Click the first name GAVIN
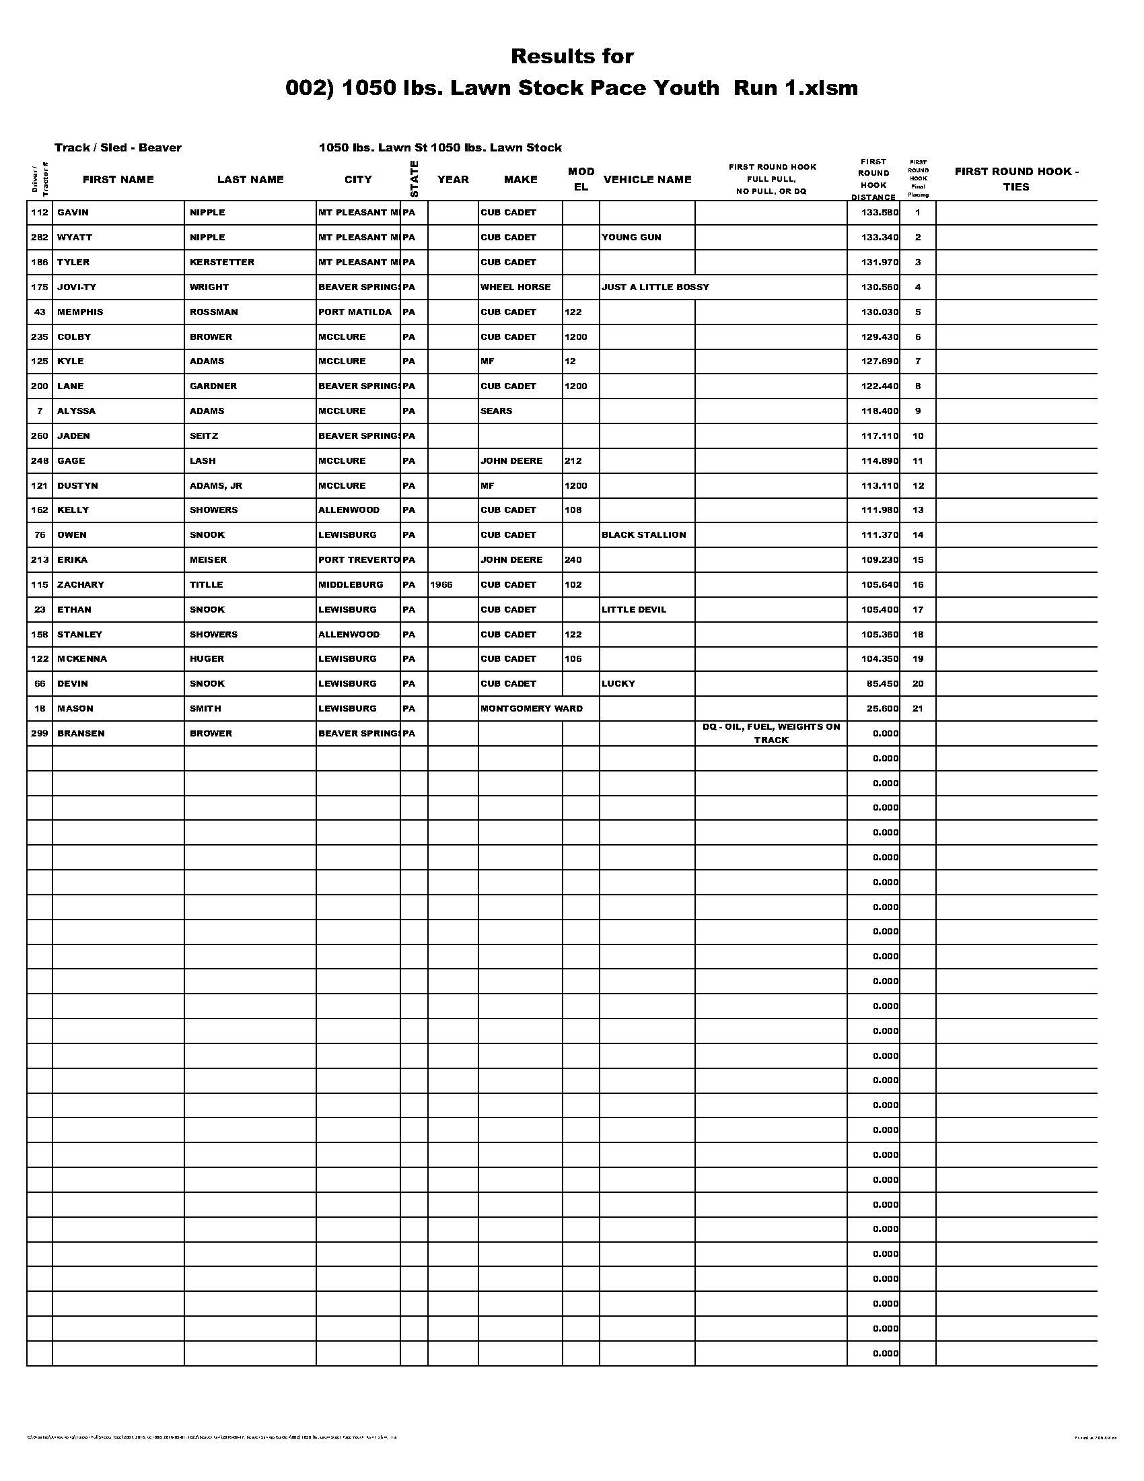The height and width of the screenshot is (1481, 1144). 73,213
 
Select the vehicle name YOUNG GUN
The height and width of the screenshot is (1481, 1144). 631,238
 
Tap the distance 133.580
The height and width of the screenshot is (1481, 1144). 879,213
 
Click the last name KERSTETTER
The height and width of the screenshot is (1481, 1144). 221,263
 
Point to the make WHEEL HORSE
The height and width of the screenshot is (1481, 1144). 515,287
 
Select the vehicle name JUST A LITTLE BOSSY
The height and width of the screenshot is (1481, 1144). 655,287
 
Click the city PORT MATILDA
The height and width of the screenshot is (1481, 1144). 355,312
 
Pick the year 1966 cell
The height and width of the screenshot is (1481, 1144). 441,584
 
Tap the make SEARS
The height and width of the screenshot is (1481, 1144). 496,411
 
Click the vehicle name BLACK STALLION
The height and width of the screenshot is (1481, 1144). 643,535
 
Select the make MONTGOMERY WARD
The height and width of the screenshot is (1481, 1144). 532,709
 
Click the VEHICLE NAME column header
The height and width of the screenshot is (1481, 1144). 647,180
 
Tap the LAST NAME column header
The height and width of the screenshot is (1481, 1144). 250,180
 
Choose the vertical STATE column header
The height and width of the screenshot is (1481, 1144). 414,179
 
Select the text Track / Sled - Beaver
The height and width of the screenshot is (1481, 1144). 118,148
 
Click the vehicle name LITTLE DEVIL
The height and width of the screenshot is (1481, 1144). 634,610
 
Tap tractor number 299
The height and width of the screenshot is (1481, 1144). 39,734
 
